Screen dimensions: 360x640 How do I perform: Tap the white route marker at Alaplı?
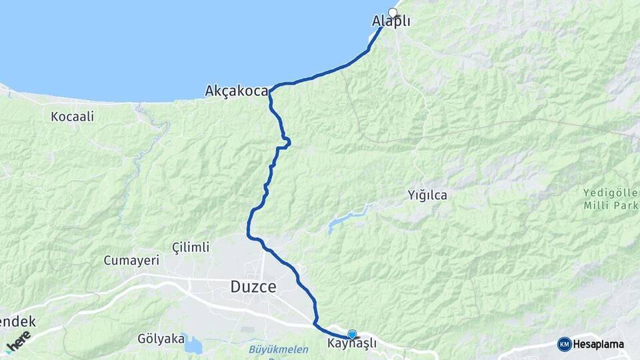393,13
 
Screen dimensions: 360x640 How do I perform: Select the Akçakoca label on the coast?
237,91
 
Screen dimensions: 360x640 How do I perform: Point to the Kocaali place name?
73,117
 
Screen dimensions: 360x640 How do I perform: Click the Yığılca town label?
427,195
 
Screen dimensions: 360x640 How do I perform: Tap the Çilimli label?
191,247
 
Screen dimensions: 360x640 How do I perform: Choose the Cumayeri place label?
131,261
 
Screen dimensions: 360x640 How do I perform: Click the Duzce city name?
253,287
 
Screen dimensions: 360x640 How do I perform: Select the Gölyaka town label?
160,339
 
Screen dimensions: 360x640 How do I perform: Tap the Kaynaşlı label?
352,343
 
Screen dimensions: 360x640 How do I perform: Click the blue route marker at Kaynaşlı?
352,334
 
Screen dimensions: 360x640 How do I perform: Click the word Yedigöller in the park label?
610,193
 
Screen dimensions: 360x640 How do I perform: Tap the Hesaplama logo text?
599,345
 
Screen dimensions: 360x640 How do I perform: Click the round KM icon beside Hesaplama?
564,344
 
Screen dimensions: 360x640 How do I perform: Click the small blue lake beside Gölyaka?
193,345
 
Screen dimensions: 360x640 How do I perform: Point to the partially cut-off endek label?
17,322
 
